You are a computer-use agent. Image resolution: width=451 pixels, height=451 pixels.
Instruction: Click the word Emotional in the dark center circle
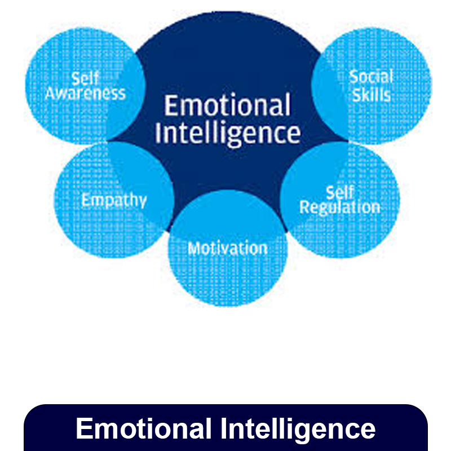point(227,106)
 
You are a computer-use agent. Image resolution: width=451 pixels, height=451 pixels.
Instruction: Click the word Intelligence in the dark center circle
point(227,134)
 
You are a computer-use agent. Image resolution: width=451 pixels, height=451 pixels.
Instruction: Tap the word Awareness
point(85,93)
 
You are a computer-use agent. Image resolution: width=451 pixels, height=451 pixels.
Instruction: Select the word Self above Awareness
point(85,78)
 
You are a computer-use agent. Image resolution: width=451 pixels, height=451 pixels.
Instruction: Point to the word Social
point(370,77)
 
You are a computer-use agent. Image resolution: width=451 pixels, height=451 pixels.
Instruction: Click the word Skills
point(371,94)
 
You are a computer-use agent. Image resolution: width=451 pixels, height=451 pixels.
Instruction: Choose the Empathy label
point(114,200)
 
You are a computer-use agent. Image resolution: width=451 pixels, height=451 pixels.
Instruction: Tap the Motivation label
point(228,248)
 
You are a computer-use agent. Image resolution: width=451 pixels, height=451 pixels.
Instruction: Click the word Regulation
point(339,207)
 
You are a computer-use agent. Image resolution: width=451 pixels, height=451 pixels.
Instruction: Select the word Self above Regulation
point(340,192)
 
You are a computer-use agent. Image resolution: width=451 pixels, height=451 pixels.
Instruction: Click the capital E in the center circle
point(170,106)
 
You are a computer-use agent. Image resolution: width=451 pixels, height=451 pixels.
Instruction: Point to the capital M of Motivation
point(193,248)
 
